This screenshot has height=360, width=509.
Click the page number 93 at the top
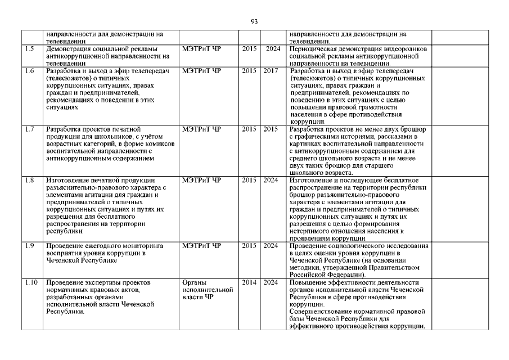[x=254, y=22]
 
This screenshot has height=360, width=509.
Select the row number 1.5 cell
[x=30, y=49]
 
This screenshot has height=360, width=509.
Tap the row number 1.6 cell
[x=30, y=71]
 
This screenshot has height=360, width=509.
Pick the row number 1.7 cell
[x=30, y=129]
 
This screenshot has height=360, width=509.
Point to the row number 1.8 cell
[x=30, y=180]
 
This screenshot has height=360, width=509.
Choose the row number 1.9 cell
[x=30, y=246]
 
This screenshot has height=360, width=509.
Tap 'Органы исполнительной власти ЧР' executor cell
[x=208, y=289]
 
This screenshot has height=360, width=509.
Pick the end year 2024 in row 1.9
[x=271, y=246]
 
